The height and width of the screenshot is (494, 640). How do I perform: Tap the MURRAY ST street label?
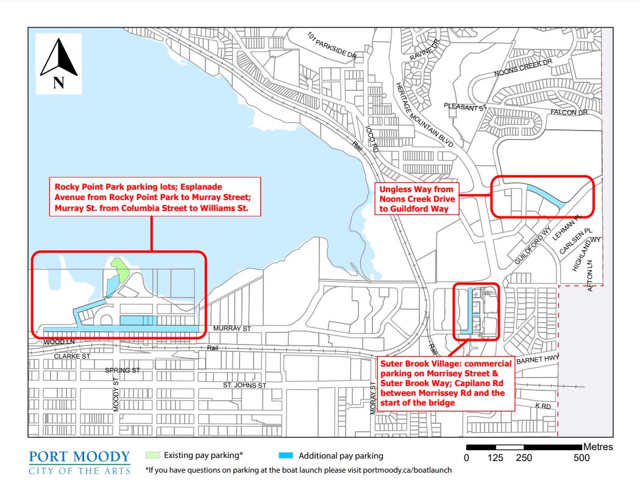click(x=232, y=329)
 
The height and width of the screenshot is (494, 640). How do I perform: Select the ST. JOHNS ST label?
click(x=244, y=385)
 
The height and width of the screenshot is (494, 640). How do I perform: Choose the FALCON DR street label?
click(x=568, y=113)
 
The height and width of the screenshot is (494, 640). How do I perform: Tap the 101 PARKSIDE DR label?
click(x=332, y=46)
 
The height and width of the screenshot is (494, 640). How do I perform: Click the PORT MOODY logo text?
click(x=80, y=457)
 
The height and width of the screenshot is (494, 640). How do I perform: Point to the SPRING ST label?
click(x=123, y=370)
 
